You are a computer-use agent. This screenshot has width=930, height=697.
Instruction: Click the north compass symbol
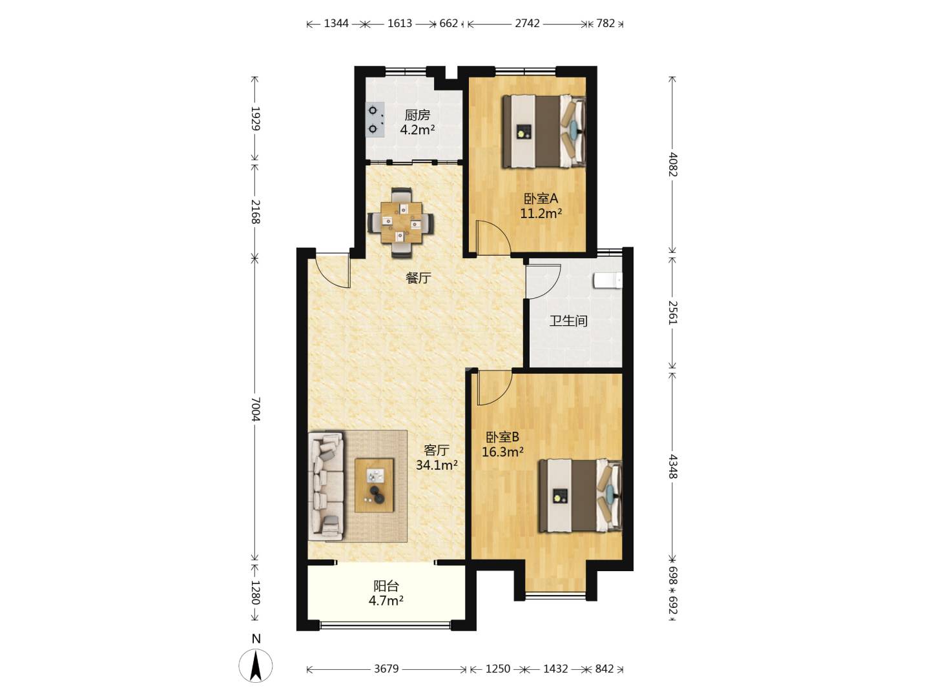256,665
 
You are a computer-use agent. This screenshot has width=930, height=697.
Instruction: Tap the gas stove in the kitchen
375,119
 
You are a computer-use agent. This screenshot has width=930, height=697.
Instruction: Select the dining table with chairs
401,223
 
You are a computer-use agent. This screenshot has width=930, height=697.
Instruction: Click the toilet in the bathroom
608,281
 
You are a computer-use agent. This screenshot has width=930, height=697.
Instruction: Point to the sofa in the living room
325,486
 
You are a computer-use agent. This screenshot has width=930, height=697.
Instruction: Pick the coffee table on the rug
374,485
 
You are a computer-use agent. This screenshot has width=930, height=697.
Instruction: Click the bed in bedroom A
544,132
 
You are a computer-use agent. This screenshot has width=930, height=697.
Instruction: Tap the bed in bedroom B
581,496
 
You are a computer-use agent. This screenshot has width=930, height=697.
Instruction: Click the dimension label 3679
386,669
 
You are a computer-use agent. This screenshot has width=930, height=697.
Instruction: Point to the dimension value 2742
527,23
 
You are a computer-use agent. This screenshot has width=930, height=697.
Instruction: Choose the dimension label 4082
673,165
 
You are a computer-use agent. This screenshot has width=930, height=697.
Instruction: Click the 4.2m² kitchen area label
417,130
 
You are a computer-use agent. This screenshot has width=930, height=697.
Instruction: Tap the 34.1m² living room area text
437,465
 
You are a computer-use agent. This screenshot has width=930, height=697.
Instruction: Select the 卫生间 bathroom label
568,321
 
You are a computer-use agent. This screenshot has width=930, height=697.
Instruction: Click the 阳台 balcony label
386,586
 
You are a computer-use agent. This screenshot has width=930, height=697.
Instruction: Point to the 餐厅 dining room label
418,278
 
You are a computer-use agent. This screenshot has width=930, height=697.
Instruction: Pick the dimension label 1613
400,23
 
